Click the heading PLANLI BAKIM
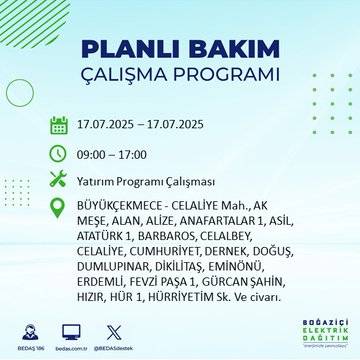pyautogui.click(x=180, y=50)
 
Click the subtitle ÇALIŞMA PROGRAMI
pyautogui.click(x=180, y=77)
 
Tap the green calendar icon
pyautogui.click(x=59, y=126)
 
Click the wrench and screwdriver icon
pyautogui.click(x=59, y=179)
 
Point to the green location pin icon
pyautogui.click(x=59, y=206)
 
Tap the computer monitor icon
pyautogui.click(x=71, y=329)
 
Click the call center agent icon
pyautogui.click(x=27, y=329)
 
